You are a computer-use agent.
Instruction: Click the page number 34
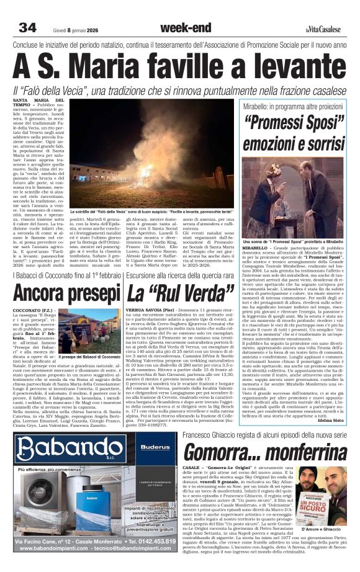[x=28, y=27]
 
